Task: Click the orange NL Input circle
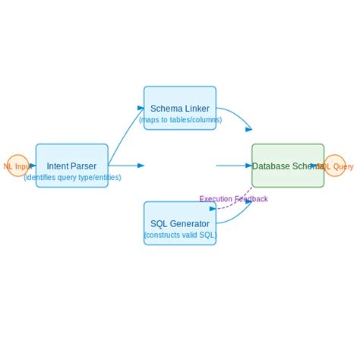[17, 166]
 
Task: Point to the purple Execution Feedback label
[233, 199]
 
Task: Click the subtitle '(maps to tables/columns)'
[180, 119]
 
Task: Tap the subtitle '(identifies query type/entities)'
[72, 177]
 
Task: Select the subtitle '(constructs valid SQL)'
[180, 235]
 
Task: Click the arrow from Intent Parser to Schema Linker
[125, 137]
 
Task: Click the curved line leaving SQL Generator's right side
[237, 213]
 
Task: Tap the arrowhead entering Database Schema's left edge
[248, 166]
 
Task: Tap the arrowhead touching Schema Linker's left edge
[141, 108]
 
